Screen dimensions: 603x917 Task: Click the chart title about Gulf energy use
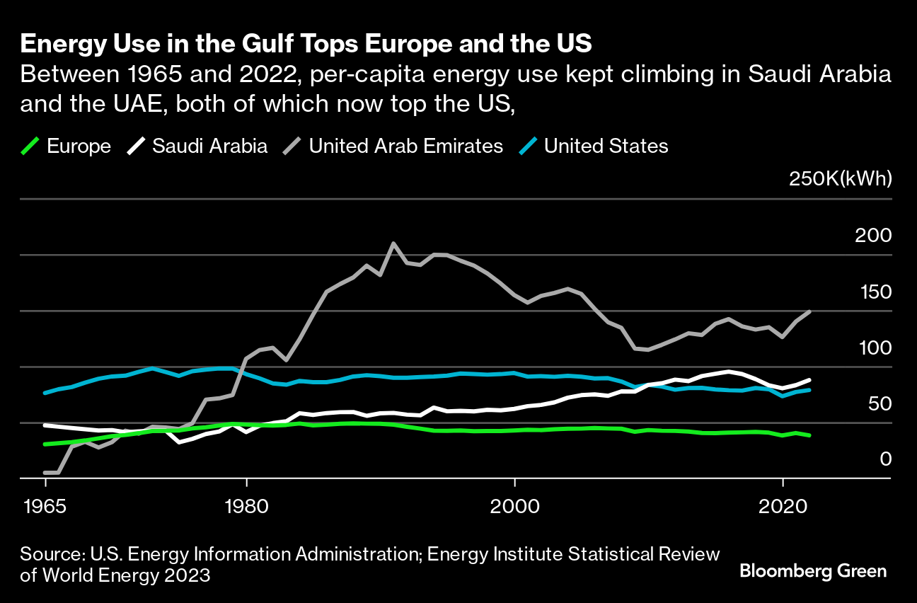tap(306, 44)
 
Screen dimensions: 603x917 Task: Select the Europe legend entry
tap(79, 147)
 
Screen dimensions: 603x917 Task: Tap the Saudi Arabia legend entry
tap(209, 147)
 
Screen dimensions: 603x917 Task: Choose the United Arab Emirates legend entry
tap(405, 147)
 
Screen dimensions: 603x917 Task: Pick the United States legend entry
tap(606, 147)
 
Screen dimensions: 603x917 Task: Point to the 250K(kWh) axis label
tap(840, 179)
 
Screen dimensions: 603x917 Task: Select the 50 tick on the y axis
tap(878, 404)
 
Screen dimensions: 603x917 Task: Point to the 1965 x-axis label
tap(45, 507)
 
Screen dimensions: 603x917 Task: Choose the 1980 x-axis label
tap(246, 507)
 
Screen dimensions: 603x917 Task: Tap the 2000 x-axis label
tap(514, 507)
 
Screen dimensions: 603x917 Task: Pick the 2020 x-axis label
tap(783, 507)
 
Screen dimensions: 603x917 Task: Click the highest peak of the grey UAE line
tap(393, 243)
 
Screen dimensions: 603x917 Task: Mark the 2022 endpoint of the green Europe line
tap(809, 435)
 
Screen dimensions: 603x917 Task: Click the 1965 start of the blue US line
tap(45, 393)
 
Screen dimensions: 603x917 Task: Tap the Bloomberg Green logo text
tap(813, 571)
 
